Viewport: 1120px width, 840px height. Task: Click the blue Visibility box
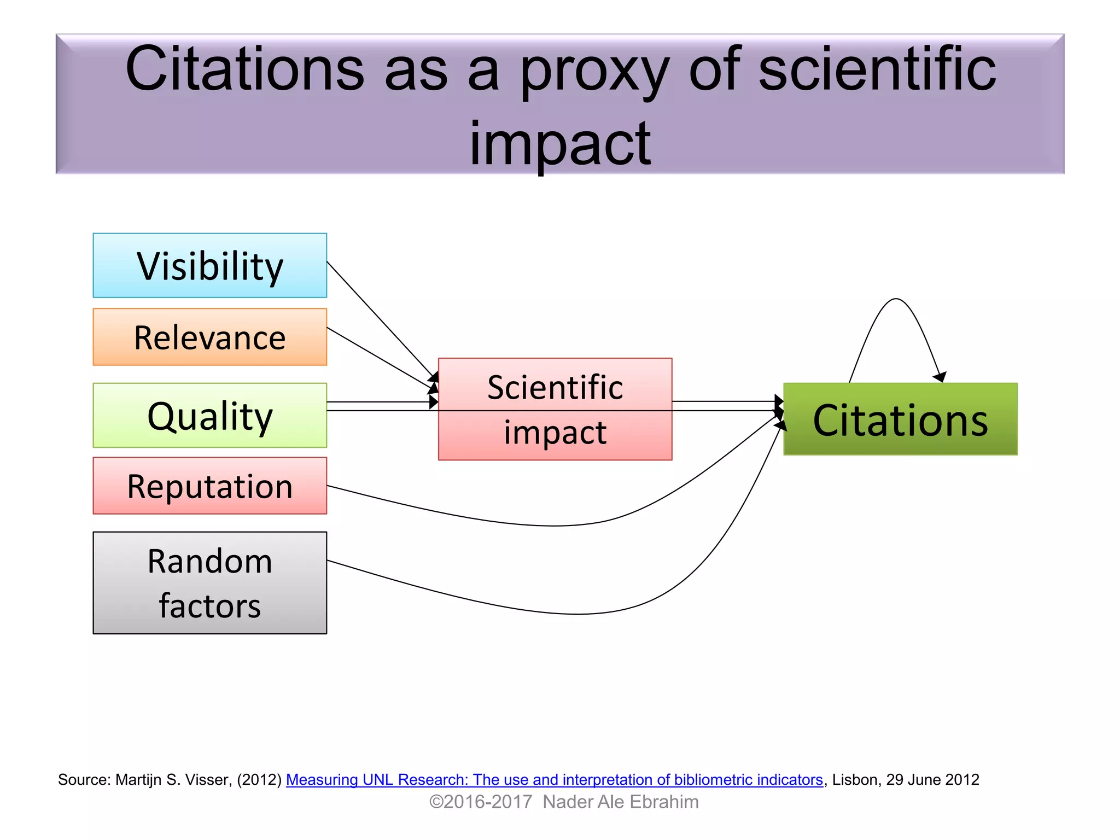[209, 266]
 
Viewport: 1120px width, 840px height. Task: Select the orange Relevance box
[209, 337]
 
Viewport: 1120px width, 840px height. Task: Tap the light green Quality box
[209, 416]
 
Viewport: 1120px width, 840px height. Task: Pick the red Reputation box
[209, 486]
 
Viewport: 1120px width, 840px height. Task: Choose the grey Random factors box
[209, 583]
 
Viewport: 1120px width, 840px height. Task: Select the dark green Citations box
[900, 419]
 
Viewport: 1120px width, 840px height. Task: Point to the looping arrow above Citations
[896, 300]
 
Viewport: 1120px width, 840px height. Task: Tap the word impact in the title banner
[560, 143]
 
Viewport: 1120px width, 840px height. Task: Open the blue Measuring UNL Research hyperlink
[554, 779]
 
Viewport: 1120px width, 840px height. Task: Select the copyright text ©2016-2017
[480, 802]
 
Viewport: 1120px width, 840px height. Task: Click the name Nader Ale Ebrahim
[620, 802]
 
